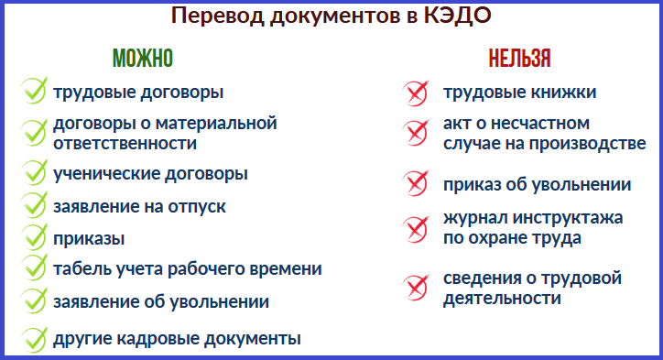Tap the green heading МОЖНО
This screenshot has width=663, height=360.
point(142,59)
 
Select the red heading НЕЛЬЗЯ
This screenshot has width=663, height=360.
point(519,59)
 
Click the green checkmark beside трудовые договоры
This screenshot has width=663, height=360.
point(34,92)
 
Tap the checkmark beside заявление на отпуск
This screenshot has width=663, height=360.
point(34,205)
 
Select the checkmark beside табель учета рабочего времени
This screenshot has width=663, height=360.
point(34,267)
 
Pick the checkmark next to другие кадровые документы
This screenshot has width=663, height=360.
point(34,338)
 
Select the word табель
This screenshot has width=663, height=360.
point(82,268)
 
